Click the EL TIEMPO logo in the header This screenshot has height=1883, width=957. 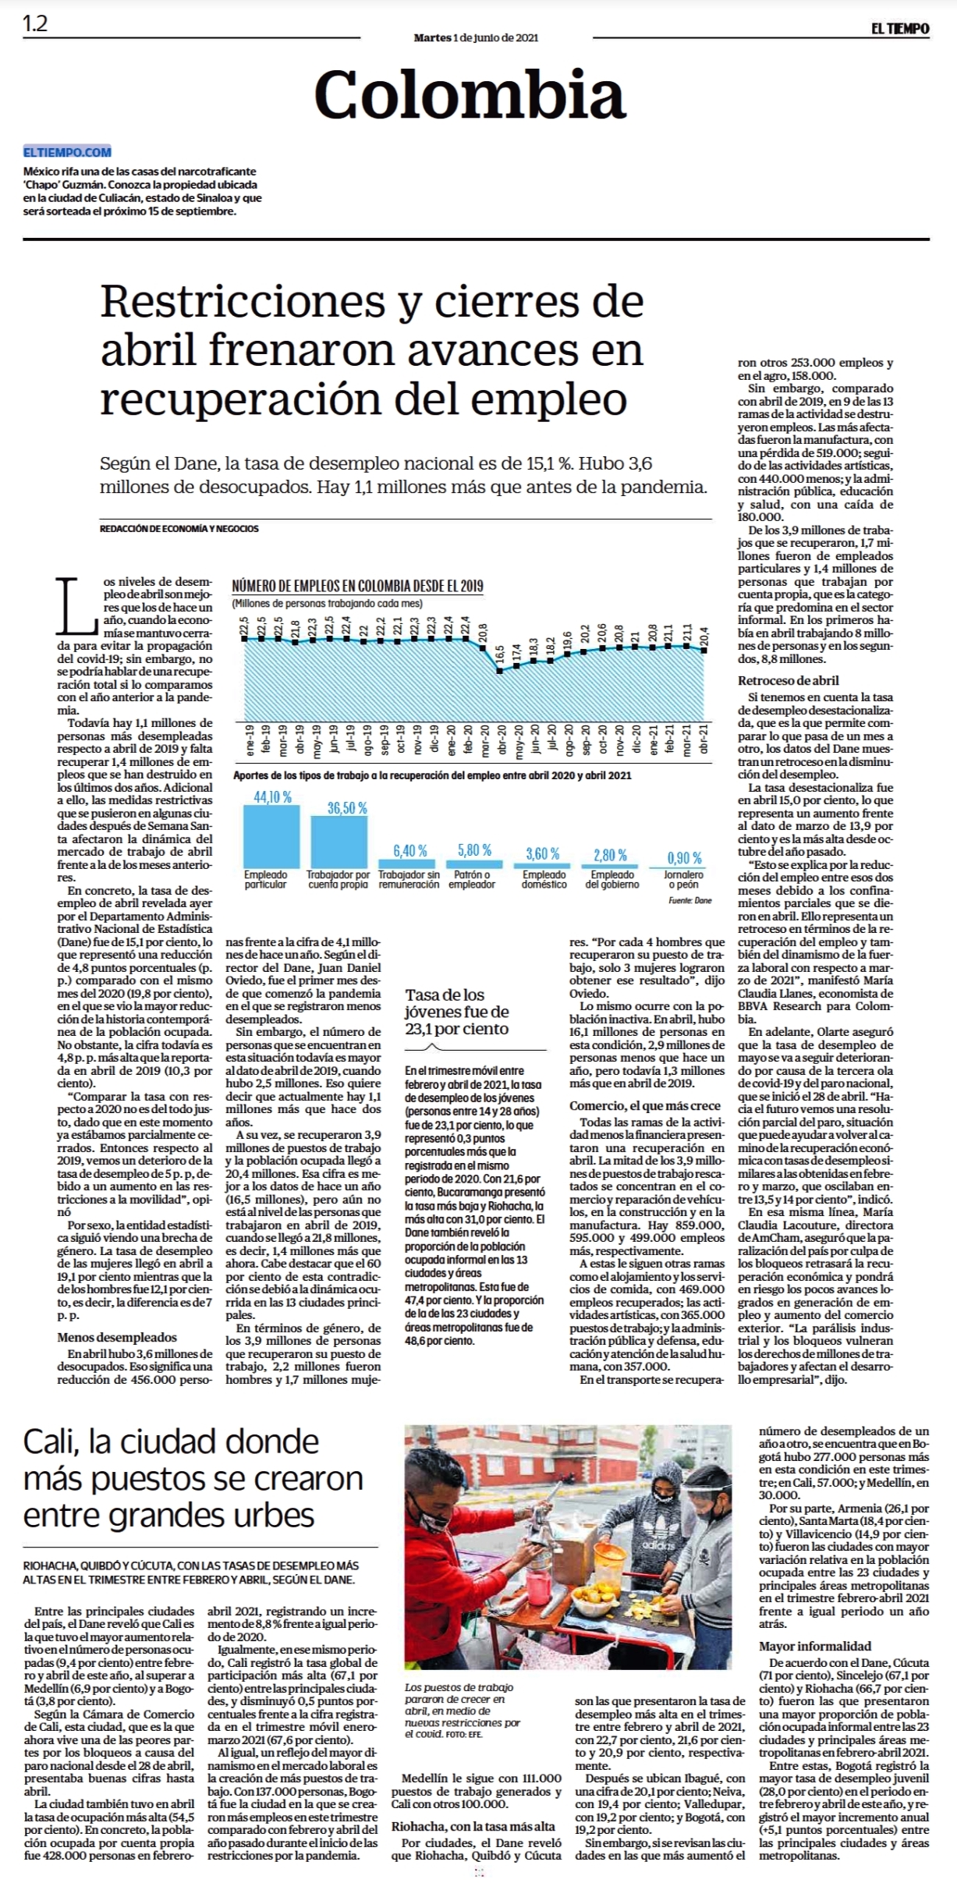900,29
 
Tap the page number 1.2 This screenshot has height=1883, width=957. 35,24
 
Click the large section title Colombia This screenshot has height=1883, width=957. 470,94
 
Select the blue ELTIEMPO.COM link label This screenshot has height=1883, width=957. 67,152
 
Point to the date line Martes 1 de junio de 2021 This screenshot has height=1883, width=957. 476,37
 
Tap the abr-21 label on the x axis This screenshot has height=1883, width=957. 705,737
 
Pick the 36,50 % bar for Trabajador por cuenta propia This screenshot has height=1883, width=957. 339,842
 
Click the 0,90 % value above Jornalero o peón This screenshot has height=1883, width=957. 684,857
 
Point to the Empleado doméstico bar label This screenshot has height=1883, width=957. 544,880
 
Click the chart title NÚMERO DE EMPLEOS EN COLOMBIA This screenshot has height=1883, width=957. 357,586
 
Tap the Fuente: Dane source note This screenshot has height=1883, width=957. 690,900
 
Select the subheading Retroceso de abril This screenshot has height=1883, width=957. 789,680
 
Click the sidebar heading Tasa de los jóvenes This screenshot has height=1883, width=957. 457,1012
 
